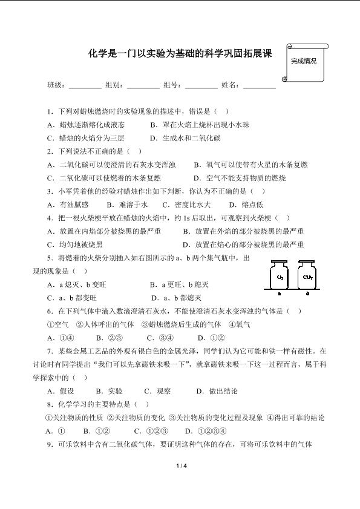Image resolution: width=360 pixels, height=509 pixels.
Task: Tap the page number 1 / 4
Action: click(x=180, y=465)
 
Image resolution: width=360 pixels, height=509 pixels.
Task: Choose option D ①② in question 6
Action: click(x=212, y=338)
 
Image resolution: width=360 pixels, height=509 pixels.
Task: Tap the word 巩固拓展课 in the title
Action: click(x=243, y=54)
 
